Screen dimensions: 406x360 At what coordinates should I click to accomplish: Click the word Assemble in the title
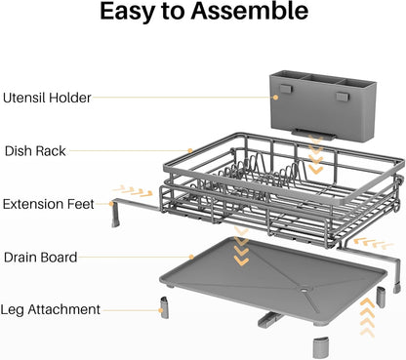point(249,11)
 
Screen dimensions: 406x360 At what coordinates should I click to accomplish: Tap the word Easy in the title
point(127,13)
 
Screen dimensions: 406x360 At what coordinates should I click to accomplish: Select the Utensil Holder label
point(47,98)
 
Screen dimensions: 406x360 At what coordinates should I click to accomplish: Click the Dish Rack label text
point(35,151)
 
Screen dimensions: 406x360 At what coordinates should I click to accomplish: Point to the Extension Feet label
point(48,204)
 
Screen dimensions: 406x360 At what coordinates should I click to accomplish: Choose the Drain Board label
point(40,258)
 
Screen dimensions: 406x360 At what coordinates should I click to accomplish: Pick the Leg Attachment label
point(50,309)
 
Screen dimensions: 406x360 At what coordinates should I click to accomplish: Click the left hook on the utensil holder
point(286,89)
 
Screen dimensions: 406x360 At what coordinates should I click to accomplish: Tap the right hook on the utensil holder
point(343,97)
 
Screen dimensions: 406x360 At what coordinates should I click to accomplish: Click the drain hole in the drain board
point(304,288)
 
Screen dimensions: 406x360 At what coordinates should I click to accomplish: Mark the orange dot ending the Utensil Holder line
point(275,98)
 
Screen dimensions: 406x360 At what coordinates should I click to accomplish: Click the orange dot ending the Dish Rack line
point(190,150)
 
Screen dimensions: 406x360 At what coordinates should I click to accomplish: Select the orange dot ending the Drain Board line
point(191,257)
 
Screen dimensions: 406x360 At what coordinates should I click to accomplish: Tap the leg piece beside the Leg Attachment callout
point(164,307)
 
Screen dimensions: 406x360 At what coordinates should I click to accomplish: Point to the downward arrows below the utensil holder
point(315,155)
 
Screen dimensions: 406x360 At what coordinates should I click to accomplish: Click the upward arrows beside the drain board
point(368,317)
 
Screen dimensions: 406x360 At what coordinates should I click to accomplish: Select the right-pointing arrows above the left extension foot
point(133,190)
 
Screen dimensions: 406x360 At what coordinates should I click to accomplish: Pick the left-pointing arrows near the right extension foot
point(374,243)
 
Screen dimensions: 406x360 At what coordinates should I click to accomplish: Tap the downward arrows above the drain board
point(241,246)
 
